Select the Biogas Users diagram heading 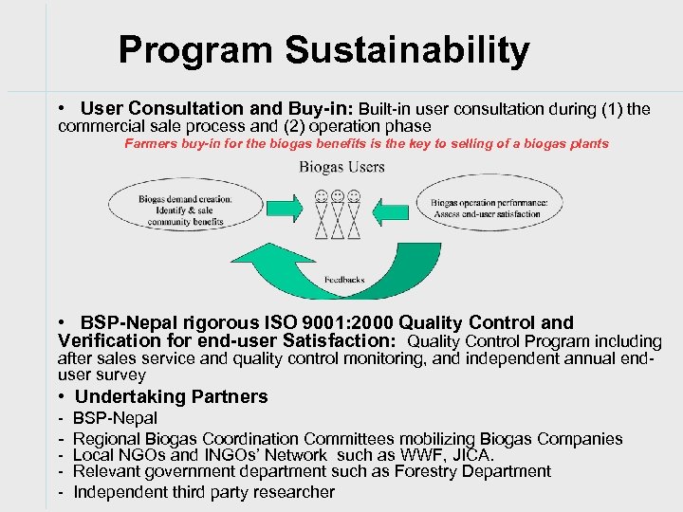342,167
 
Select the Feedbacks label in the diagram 344,280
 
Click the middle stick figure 338,213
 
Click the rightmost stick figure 355,213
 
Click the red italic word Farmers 150,144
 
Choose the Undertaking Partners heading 171,396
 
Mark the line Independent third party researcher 203,491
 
